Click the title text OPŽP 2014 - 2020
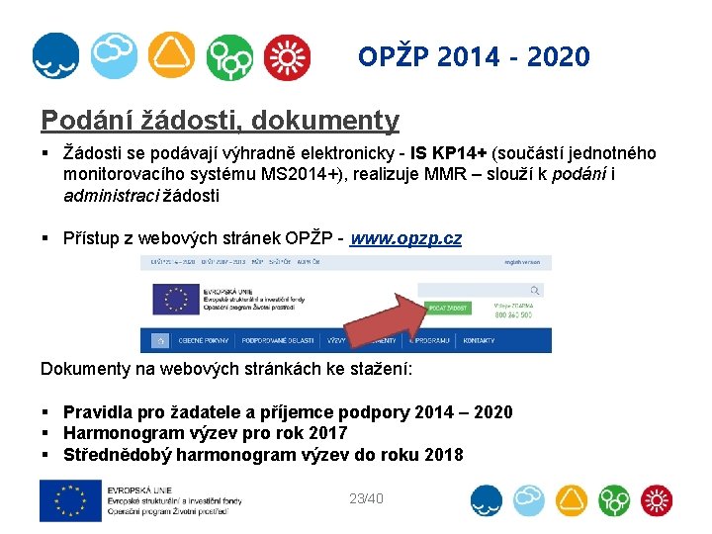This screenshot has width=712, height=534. point(474,57)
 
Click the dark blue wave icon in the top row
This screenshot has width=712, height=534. point(56,55)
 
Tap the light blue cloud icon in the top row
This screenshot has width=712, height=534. point(114,55)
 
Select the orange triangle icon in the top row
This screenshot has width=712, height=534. point(172,55)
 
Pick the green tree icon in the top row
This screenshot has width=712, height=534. point(229,56)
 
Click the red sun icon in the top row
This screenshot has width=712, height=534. point(287,56)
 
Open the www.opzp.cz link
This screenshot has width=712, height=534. point(405,238)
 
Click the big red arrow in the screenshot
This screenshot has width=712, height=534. point(381,313)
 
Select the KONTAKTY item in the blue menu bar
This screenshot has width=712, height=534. point(480,340)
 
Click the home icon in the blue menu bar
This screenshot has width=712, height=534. point(156,341)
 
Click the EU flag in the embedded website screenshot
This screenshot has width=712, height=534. point(176,300)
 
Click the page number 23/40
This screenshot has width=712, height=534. point(366,498)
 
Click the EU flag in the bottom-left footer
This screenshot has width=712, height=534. point(71,500)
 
